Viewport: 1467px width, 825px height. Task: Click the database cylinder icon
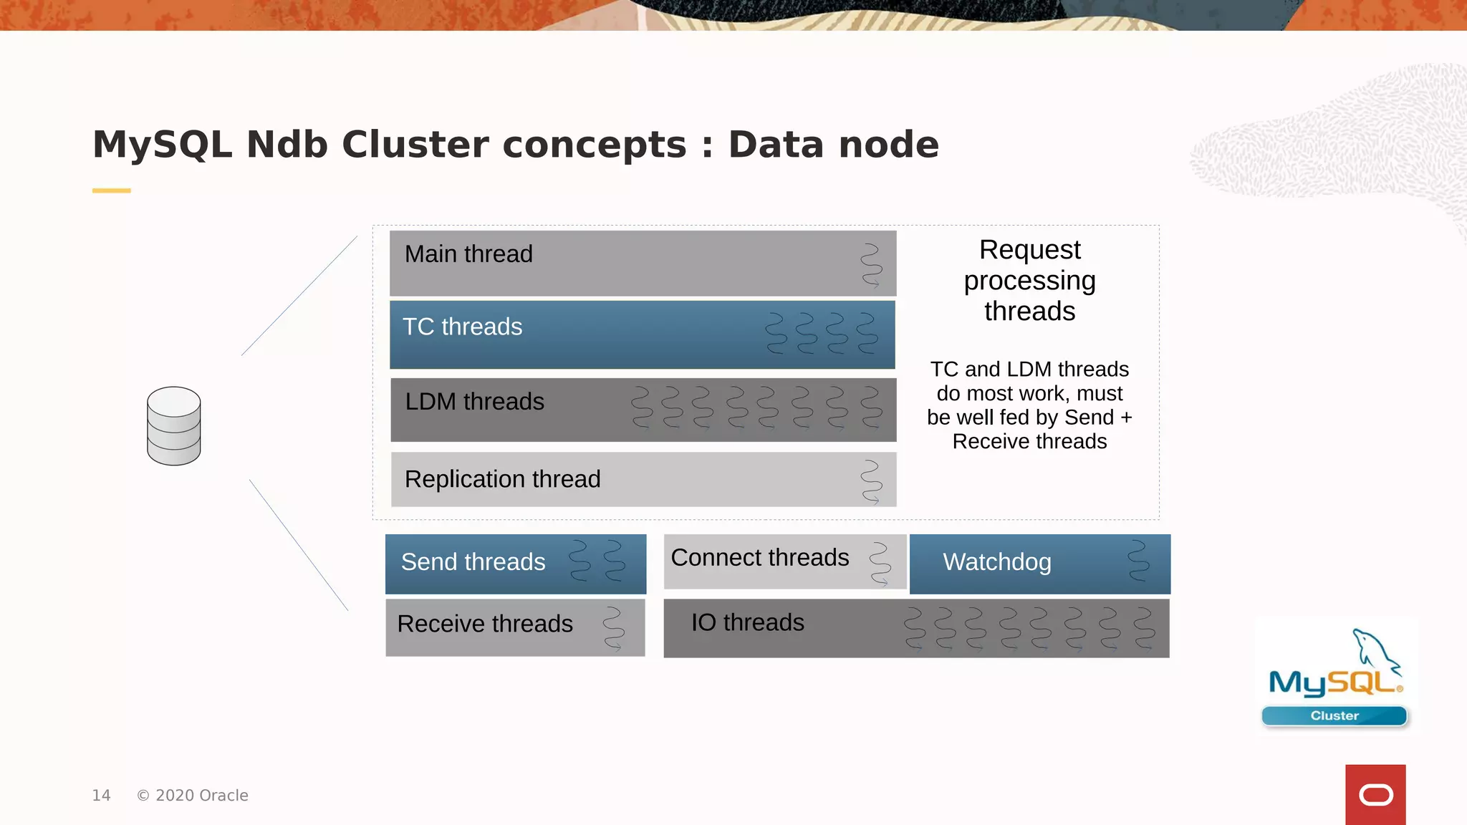(x=173, y=426)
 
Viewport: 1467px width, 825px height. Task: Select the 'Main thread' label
(x=468, y=254)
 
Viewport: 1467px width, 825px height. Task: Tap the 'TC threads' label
(x=462, y=327)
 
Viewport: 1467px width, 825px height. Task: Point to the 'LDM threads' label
(x=474, y=402)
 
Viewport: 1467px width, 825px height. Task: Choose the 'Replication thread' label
(x=502, y=479)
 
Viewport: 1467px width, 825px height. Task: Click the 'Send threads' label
(x=473, y=562)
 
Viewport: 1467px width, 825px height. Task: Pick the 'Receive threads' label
(x=485, y=624)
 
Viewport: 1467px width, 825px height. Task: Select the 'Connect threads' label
(x=760, y=558)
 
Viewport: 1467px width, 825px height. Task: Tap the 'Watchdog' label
(x=996, y=562)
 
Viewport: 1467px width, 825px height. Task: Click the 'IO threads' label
(x=747, y=623)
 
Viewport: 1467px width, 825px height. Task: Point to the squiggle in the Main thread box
(x=871, y=265)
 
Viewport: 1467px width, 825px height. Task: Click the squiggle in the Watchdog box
(x=1138, y=561)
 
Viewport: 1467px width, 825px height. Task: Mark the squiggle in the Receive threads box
(x=613, y=628)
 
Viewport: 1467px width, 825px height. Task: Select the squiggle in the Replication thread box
(x=871, y=481)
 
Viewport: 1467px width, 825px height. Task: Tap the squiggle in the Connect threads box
(x=880, y=564)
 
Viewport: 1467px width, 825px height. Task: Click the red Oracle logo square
(x=1375, y=794)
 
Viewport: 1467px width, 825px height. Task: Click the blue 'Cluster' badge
(x=1334, y=715)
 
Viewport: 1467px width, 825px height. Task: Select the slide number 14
(x=101, y=796)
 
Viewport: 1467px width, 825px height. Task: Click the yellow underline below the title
(x=111, y=190)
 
